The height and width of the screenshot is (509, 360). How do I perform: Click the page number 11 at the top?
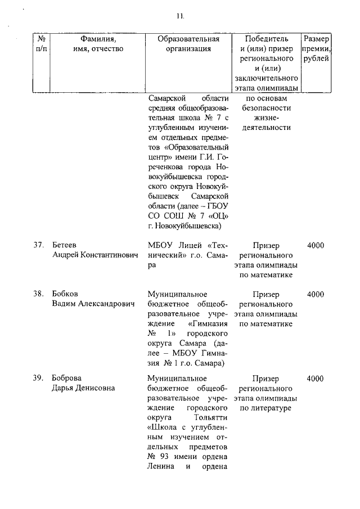click(x=180, y=16)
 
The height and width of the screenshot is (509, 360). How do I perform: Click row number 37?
click(x=38, y=245)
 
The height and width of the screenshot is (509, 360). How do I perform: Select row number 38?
click(x=38, y=294)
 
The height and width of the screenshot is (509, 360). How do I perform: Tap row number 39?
click(x=38, y=378)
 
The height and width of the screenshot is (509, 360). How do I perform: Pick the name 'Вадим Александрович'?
click(x=93, y=304)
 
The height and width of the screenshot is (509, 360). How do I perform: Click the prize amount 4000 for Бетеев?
click(x=316, y=245)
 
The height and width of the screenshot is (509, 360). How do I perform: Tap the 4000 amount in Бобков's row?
click(x=316, y=294)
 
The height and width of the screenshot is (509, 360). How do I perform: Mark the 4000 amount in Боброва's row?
click(x=316, y=378)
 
